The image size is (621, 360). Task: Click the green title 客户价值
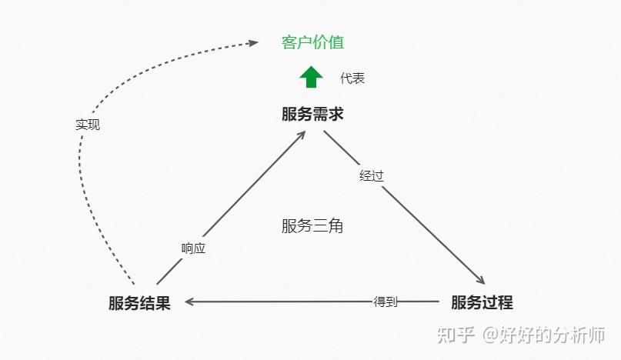point(312,42)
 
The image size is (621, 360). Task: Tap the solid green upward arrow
point(311,76)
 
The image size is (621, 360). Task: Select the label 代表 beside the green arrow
point(352,78)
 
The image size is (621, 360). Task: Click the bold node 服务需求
point(312,114)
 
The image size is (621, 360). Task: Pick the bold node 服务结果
point(139,303)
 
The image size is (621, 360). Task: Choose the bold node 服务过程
point(482,302)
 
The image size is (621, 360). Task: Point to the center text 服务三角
point(312,226)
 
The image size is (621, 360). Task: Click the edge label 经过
point(372,176)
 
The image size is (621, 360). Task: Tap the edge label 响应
point(193,248)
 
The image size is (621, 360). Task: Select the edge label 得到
point(385,302)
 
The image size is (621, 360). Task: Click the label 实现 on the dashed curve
point(88,125)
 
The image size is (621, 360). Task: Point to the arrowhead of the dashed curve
point(253,43)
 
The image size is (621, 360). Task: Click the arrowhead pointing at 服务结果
point(189,302)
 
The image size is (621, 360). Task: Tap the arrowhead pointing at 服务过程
point(480,279)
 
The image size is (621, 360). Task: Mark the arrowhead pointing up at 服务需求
point(302,135)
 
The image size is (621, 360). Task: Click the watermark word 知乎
point(456,335)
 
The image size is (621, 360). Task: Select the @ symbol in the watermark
point(490,335)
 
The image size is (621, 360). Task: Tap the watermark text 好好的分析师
point(552,335)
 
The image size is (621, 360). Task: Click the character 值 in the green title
point(336,42)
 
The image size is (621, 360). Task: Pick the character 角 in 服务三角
point(336,226)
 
